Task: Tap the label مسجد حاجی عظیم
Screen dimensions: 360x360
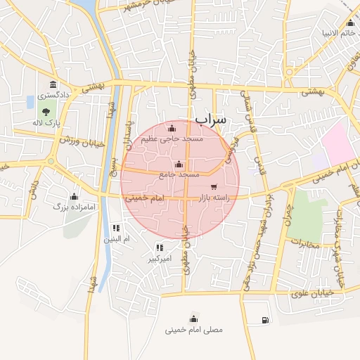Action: point(172,139)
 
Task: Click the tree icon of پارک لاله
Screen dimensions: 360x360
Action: point(46,111)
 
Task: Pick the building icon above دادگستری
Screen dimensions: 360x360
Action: point(53,85)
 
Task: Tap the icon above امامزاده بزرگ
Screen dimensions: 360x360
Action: point(74,195)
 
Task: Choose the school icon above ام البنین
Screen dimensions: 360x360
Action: point(116,228)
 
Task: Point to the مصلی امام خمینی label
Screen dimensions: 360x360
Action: point(193,329)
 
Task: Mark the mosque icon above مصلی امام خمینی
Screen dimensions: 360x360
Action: point(193,318)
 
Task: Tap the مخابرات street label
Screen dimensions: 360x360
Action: point(304,245)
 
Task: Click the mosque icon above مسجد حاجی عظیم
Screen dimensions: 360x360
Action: point(172,128)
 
